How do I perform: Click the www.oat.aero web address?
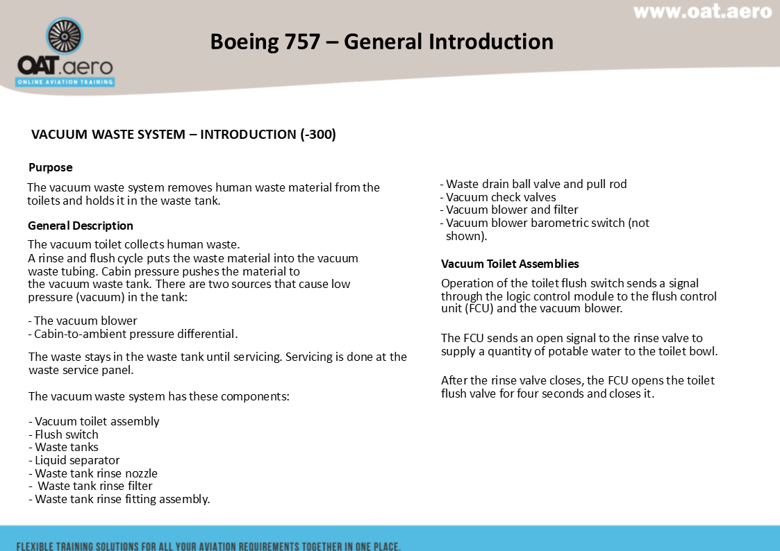click(702, 12)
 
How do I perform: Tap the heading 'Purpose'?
click(50, 167)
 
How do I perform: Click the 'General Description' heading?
click(81, 226)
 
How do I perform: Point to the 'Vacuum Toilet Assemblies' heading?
click(510, 264)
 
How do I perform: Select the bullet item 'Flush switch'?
click(67, 434)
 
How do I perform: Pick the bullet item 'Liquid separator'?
click(77, 460)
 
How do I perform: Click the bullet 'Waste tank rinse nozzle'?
click(96, 473)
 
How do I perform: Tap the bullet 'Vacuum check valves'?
click(501, 197)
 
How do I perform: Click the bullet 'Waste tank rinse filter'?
click(94, 486)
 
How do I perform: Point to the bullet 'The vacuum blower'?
click(85, 321)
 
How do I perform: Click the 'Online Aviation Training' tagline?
click(65, 82)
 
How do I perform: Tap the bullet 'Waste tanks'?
click(67, 447)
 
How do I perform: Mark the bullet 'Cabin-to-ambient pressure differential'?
click(135, 334)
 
